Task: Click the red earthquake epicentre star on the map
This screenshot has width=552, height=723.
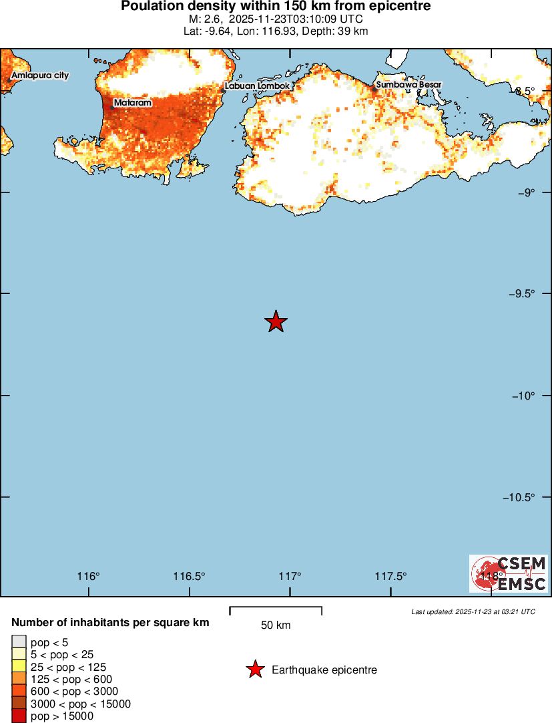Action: coord(276,321)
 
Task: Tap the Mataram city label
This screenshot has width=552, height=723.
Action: coord(132,103)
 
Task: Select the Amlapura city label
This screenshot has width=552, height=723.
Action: coord(40,76)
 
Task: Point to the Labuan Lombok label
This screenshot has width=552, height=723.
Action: coord(257,86)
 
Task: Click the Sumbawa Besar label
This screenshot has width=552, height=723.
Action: coord(408,85)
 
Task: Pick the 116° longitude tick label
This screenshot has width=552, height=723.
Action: coord(88,576)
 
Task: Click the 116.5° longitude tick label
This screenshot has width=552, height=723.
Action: coord(189,576)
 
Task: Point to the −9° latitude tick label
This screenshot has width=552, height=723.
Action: coord(528,192)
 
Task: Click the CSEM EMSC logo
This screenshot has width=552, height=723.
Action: coord(509,573)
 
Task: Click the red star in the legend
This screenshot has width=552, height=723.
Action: coord(255,670)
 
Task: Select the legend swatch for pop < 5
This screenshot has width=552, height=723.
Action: coord(19,643)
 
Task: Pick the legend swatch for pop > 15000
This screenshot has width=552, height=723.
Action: coord(19,716)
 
